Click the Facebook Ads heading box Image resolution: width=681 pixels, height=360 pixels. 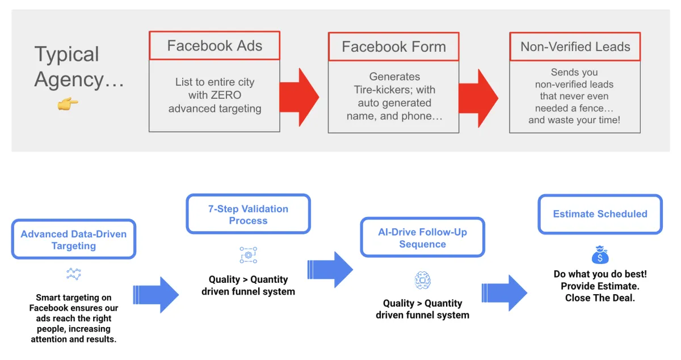(x=215, y=46)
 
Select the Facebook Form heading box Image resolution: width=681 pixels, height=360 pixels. (x=393, y=47)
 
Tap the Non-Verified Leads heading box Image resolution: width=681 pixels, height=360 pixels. (x=575, y=47)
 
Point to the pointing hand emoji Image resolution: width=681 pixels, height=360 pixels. (x=68, y=104)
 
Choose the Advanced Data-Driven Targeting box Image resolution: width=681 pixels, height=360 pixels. (x=74, y=240)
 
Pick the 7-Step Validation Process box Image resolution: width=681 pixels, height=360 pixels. (x=248, y=214)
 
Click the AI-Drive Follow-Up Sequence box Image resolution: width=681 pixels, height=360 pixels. (x=422, y=237)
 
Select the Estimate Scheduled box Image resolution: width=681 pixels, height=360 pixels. (x=600, y=214)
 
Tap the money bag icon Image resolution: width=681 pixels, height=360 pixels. (x=600, y=255)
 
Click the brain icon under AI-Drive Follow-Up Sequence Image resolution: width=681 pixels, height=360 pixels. (x=422, y=280)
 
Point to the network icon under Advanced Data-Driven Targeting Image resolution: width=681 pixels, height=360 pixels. (x=74, y=275)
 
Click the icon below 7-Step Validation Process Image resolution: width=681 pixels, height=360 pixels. (x=248, y=256)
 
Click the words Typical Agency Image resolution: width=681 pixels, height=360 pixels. (x=78, y=67)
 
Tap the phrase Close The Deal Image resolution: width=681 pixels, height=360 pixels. (x=600, y=298)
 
